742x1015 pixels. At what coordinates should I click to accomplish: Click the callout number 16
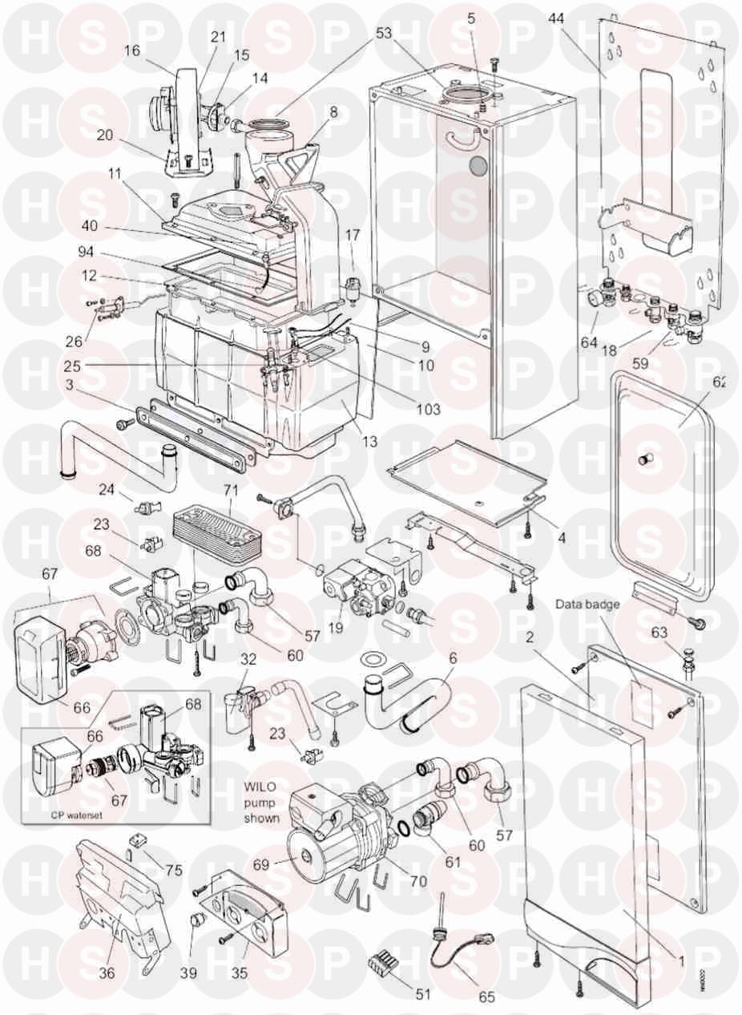click(132, 50)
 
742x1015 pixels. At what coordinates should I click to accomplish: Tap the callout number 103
click(429, 409)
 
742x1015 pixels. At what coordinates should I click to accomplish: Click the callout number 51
click(422, 994)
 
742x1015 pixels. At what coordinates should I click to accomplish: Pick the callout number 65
click(486, 997)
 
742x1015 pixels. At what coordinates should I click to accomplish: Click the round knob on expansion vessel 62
click(645, 459)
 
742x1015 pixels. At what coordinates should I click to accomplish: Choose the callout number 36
click(107, 973)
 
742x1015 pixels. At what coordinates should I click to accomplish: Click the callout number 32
click(248, 661)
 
